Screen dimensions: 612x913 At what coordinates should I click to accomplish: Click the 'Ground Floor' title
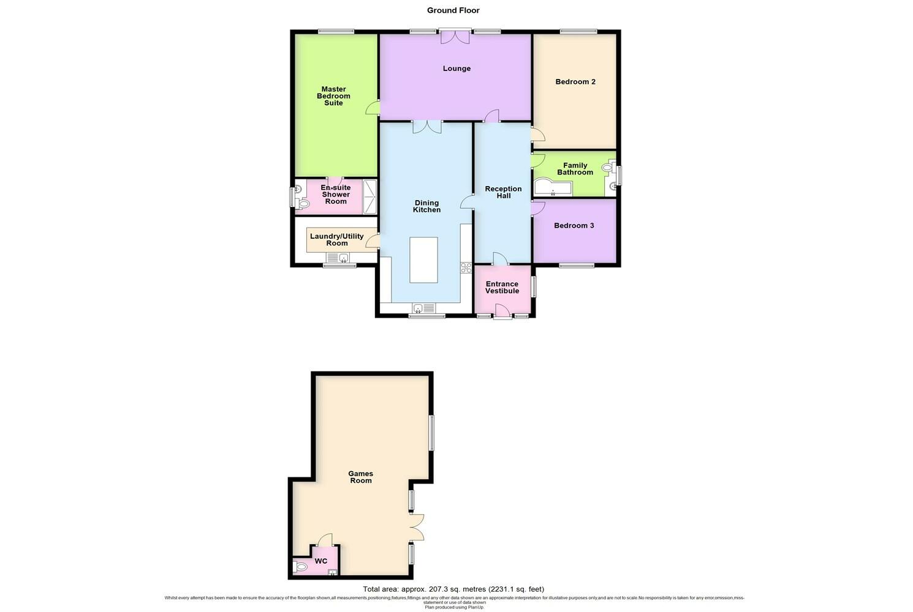click(453, 10)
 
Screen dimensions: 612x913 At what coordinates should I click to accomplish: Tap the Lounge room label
click(456, 69)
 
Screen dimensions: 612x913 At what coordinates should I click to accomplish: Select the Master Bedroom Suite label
click(333, 96)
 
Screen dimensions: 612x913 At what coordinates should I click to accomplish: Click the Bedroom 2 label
click(575, 82)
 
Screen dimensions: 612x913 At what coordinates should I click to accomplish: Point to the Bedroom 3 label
click(574, 226)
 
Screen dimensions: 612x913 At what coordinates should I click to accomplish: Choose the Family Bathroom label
click(575, 169)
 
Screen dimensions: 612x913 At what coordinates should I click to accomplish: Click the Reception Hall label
click(503, 192)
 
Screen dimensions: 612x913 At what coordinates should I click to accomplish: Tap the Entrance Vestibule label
click(502, 288)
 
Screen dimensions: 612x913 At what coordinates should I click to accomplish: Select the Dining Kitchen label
click(426, 206)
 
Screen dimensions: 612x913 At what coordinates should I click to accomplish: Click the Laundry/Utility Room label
click(336, 240)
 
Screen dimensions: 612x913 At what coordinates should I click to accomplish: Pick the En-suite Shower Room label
click(335, 195)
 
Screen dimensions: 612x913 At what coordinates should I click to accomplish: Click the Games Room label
click(360, 477)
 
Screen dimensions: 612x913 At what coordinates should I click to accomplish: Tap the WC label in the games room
click(320, 561)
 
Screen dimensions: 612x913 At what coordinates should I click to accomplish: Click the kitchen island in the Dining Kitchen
click(423, 260)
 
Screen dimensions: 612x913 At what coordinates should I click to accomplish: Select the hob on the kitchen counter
click(466, 267)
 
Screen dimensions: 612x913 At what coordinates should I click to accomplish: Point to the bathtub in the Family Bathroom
click(553, 188)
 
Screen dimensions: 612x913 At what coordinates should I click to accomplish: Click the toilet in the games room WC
click(300, 567)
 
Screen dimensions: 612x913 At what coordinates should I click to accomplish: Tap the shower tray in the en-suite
click(370, 196)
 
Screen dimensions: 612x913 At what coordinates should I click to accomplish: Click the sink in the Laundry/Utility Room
click(343, 258)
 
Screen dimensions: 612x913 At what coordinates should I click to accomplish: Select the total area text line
click(453, 589)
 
